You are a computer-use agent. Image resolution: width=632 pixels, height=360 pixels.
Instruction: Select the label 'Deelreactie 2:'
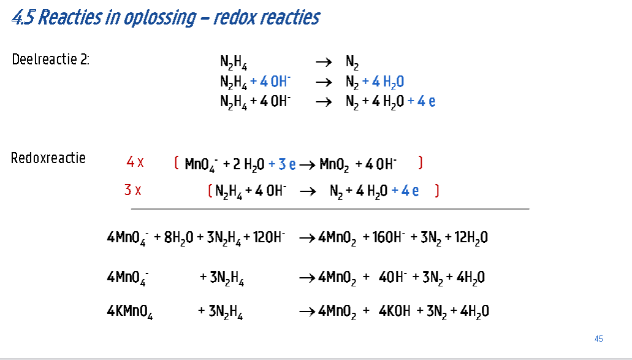(x=51, y=59)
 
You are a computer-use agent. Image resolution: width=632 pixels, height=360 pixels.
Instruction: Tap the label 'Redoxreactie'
(x=48, y=158)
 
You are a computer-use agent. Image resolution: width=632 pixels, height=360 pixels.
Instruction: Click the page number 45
(x=599, y=339)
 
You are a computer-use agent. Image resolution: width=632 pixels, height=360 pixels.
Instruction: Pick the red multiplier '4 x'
(x=135, y=163)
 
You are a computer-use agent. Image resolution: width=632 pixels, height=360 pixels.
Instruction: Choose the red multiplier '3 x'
(x=133, y=190)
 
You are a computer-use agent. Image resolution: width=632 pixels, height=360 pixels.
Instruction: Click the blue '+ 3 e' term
(x=282, y=164)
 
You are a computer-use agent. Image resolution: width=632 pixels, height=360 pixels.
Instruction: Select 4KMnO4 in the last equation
(x=130, y=312)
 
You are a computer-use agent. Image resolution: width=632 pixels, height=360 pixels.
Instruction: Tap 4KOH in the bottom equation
(x=395, y=312)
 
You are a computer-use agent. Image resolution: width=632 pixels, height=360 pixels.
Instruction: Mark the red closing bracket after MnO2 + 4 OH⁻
(x=421, y=163)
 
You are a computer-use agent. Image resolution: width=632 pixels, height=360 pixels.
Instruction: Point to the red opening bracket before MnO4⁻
(x=177, y=163)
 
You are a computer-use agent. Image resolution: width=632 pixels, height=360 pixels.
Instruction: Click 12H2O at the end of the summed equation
(x=471, y=238)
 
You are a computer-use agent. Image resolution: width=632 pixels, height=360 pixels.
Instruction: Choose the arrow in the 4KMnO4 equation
(x=307, y=312)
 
